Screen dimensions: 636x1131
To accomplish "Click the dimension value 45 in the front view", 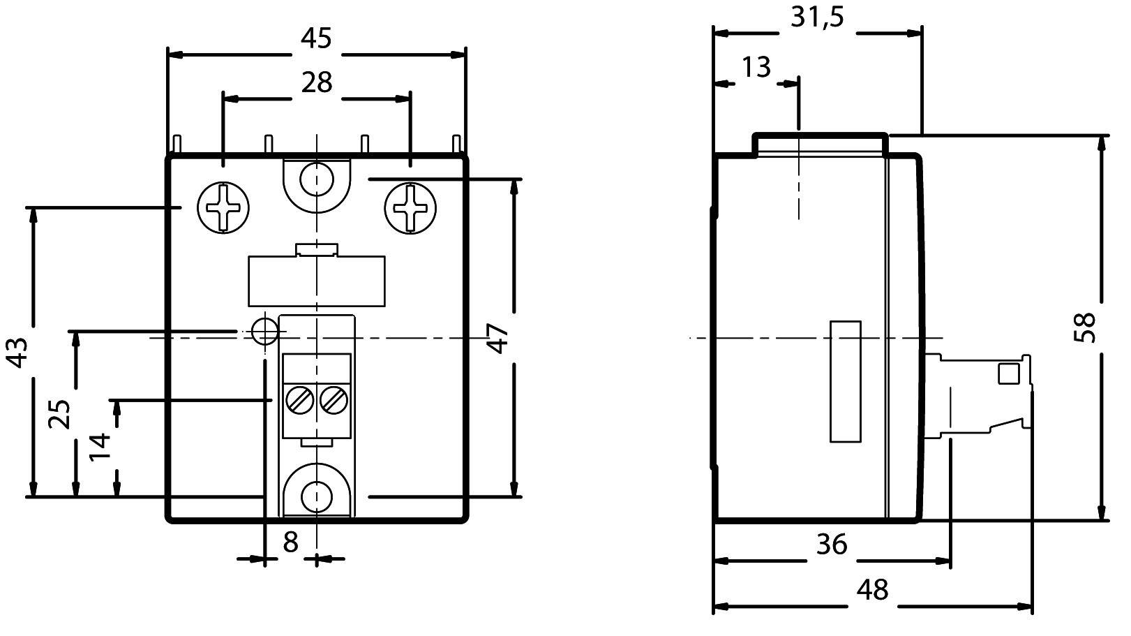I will click(x=316, y=38).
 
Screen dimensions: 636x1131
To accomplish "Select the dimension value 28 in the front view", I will click(x=316, y=82).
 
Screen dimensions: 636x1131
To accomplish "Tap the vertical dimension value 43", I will click(x=18, y=352).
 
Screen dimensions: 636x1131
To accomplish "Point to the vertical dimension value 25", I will click(x=60, y=413).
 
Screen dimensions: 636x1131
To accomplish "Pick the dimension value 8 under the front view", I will click(x=290, y=541).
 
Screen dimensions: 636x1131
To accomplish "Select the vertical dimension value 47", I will click(x=498, y=339).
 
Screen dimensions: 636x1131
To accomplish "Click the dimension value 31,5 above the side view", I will click(x=817, y=17).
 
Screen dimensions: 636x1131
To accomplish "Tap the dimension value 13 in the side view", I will click(x=755, y=68).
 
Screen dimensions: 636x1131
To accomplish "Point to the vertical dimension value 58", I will click(x=1086, y=327).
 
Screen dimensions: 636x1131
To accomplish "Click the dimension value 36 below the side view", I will click(x=831, y=544).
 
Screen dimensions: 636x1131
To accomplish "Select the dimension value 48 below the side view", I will click(x=872, y=590).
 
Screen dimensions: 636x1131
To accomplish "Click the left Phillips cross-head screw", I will click(x=223, y=208).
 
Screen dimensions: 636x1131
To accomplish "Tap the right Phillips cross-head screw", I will click(x=411, y=208).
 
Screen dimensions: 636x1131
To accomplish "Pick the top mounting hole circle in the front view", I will click(x=317, y=179).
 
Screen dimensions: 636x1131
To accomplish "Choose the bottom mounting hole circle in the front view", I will click(x=317, y=496).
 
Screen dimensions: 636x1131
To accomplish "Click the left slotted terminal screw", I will click(x=299, y=400).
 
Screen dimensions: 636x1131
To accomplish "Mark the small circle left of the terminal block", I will click(x=265, y=331).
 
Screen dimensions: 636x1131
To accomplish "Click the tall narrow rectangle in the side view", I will click(x=845, y=381).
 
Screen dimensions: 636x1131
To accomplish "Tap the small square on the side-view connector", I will click(x=1008, y=374).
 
